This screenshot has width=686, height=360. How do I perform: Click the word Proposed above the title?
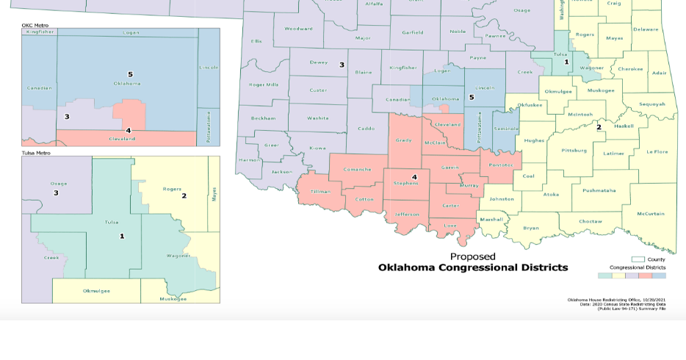point(472,256)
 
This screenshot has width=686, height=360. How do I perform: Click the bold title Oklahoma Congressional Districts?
point(472,267)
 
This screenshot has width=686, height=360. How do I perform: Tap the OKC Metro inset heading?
point(35,25)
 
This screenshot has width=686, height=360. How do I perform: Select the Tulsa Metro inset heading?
point(36,153)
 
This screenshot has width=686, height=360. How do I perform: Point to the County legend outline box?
point(638,259)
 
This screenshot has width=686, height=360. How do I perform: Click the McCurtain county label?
point(650,214)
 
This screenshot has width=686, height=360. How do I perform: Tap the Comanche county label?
point(358,169)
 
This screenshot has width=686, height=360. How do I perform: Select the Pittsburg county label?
point(574,151)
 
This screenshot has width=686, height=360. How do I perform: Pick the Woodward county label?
point(298,29)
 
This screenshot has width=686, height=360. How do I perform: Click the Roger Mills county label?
point(263,84)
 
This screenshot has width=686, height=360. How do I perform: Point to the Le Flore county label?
point(657,151)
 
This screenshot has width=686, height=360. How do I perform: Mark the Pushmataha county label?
point(599,190)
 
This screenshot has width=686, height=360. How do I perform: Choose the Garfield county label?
point(412,32)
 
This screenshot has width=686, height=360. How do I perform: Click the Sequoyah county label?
point(651,104)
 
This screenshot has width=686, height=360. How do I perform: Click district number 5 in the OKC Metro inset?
point(130,74)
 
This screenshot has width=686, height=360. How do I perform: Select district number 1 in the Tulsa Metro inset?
point(122,236)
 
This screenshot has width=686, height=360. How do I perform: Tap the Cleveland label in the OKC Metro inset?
point(122,138)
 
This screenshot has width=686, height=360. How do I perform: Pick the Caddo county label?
point(366,129)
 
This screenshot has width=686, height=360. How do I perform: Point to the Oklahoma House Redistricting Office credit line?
point(616,300)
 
